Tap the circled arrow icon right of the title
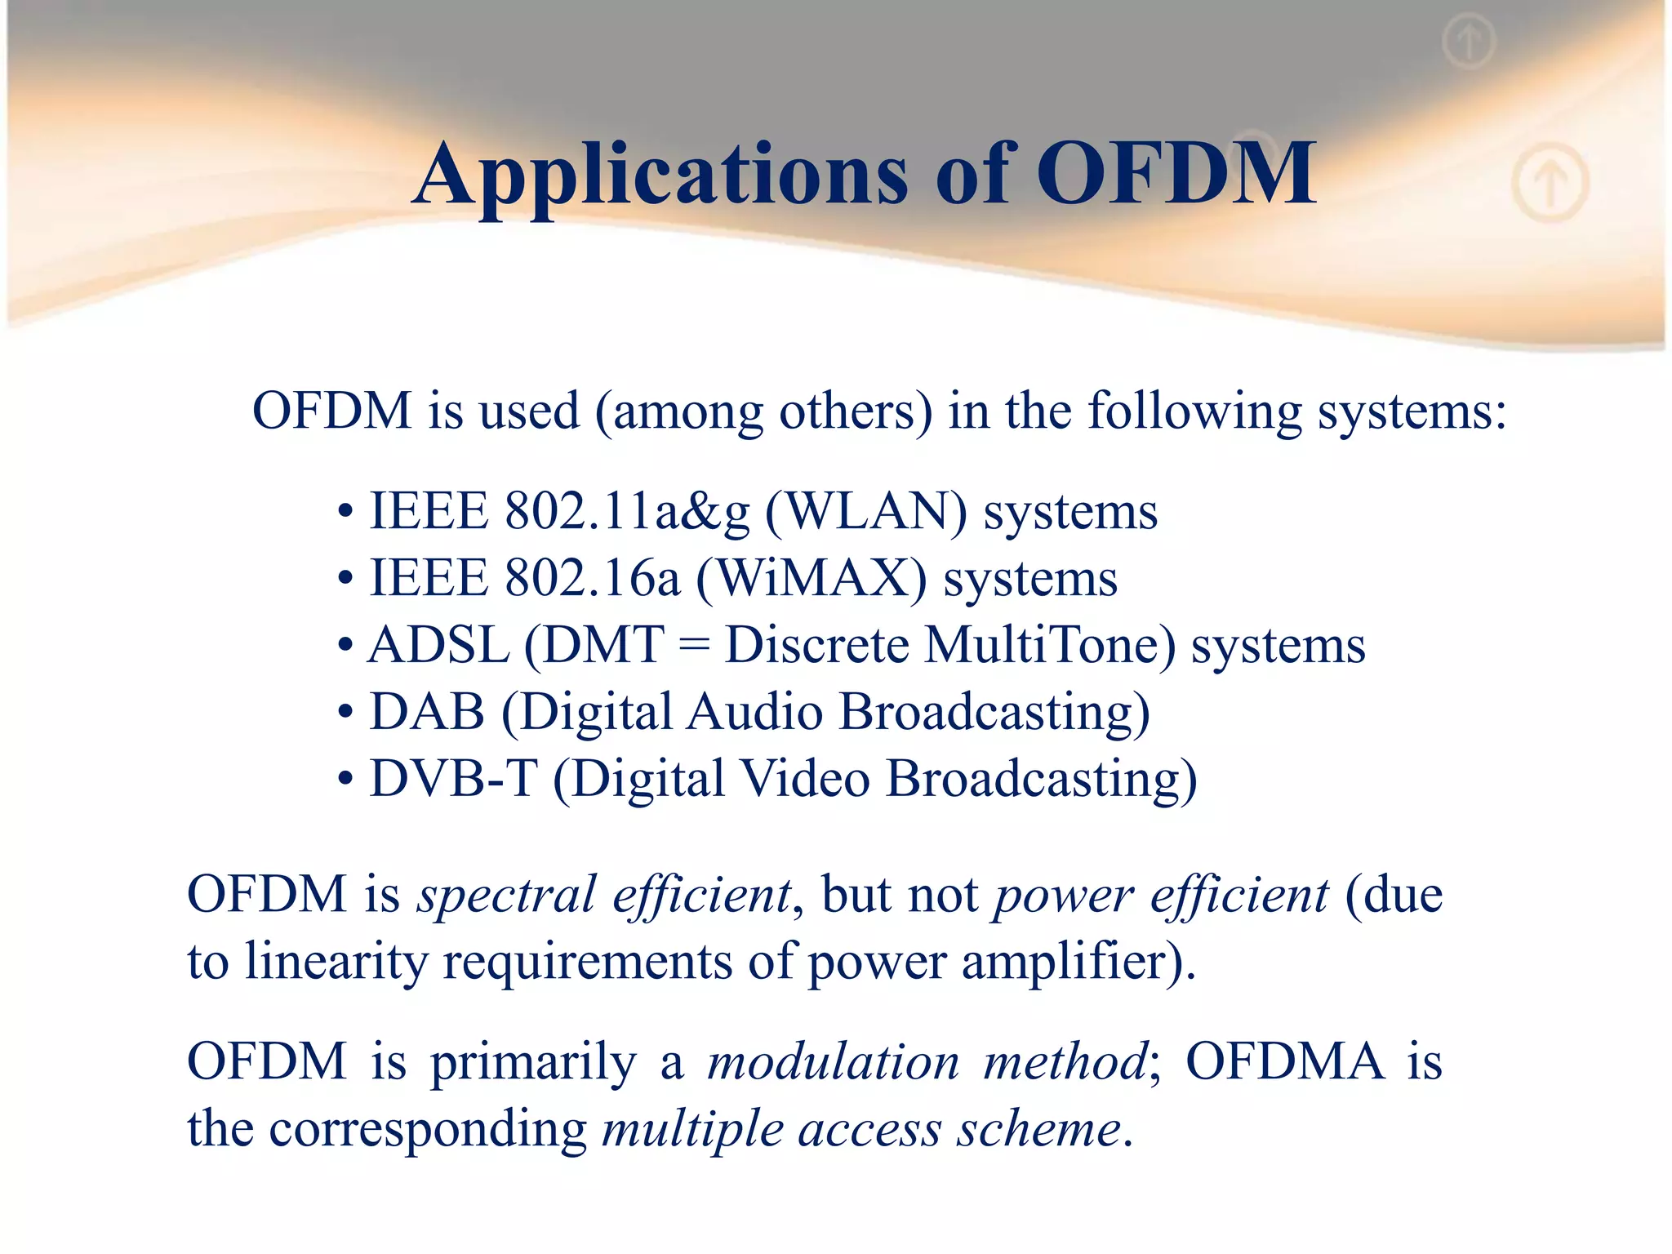pos(1550,181)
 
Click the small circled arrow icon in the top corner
pos(1469,41)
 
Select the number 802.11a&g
pos(627,513)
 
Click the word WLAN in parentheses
pos(865,513)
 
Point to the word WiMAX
pos(812,579)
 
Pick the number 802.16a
pos(592,579)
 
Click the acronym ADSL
pos(438,646)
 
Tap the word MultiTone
pos(1050,646)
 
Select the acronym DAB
pos(427,712)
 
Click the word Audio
pos(754,712)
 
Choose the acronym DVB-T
pos(454,779)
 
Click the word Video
pos(805,779)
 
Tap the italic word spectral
pos(506,896)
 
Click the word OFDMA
pos(1285,1062)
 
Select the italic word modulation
pos(833,1062)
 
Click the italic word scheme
pos(1038,1130)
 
